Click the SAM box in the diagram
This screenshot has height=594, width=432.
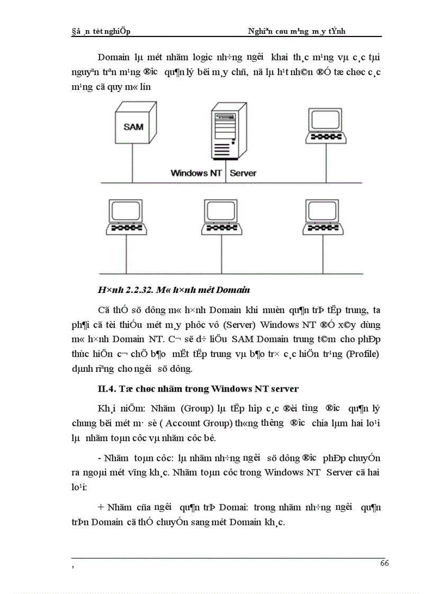click(x=133, y=127)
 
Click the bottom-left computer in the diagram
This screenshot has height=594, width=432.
click(x=126, y=217)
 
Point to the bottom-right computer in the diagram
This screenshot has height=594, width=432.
click(x=323, y=217)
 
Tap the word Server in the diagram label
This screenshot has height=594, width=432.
click(x=243, y=173)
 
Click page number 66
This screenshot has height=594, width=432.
click(x=384, y=563)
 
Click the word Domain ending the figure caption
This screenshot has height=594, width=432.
click(x=233, y=290)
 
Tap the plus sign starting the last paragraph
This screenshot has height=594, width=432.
click(x=101, y=507)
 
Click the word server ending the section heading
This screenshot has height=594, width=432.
click(x=286, y=389)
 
